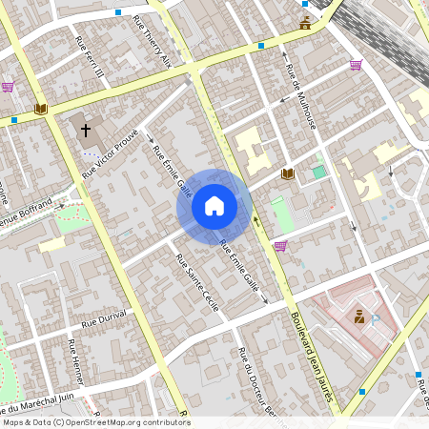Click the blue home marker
(x=214, y=206)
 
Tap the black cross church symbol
(x=86, y=129)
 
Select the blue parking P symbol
(x=378, y=321)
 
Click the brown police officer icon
(x=359, y=316)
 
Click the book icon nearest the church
(x=40, y=110)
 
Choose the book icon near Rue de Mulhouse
(x=287, y=174)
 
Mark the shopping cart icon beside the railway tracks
(x=356, y=65)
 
